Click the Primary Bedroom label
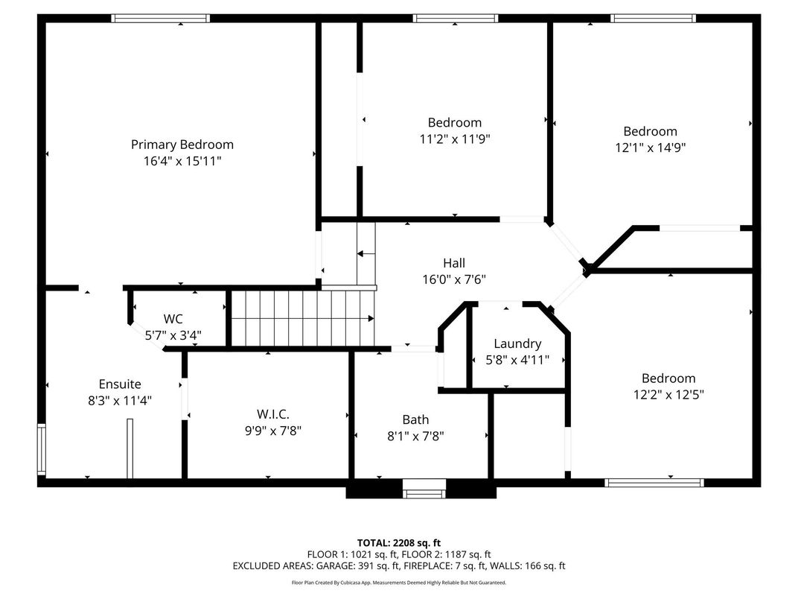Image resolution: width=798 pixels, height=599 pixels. pos(182,145)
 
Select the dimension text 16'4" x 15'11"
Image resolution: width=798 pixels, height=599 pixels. pos(182,161)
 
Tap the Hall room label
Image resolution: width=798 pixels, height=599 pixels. pos(454,263)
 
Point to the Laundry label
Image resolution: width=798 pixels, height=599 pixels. pos(517,343)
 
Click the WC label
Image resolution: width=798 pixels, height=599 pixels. pos(173,319)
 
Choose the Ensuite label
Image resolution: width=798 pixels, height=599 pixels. pos(120,384)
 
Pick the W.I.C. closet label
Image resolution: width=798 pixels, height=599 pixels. pos(273,414)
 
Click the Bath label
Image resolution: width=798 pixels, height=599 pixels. pos(415,419)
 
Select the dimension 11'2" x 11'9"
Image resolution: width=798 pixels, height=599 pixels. pos(454,139)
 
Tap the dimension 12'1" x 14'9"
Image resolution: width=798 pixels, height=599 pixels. pos(650,148)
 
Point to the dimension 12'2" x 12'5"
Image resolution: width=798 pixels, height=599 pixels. pos(668,394)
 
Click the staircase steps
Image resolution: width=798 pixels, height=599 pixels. pos(301,319)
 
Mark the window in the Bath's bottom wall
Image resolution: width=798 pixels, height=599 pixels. pos(424,489)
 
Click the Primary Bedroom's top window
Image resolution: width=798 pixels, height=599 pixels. pos(160,19)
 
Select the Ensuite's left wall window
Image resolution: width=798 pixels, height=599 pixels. pos(42,449)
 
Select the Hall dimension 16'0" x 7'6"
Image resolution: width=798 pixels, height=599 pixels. pos(454,279)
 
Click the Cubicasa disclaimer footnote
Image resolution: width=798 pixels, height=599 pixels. pos(399,582)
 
